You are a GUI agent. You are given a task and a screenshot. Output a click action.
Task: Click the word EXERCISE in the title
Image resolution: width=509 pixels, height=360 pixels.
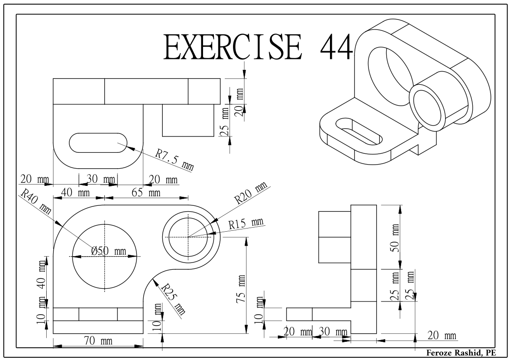tap(233, 48)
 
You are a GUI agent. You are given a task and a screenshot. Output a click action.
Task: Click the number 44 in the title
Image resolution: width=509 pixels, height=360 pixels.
tap(336, 48)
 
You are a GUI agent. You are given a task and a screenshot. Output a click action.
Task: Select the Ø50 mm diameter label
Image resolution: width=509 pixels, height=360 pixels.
tap(108, 251)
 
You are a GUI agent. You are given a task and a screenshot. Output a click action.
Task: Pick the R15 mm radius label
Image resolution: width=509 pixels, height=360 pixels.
tap(246, 224)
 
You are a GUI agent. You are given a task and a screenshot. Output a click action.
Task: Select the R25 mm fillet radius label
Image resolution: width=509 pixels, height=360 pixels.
tap(174, 299)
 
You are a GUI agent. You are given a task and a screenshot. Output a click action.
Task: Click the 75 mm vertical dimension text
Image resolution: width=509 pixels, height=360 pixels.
tap(241, 289)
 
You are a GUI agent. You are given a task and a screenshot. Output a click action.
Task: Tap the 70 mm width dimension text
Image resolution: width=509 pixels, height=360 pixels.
tap(98, 341)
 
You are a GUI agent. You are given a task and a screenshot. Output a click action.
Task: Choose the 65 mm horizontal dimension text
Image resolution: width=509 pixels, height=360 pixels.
tap(146, 193)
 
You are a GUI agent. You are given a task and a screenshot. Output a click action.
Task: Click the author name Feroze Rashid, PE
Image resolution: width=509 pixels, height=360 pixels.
tap(461, 353)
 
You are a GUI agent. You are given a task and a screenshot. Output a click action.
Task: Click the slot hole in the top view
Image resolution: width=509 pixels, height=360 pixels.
tap(98, 142)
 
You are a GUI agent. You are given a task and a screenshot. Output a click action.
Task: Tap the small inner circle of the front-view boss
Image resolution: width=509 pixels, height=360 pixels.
tap(188, 237)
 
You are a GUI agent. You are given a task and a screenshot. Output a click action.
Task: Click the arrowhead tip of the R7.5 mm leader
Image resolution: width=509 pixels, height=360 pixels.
tap(126, 146)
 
